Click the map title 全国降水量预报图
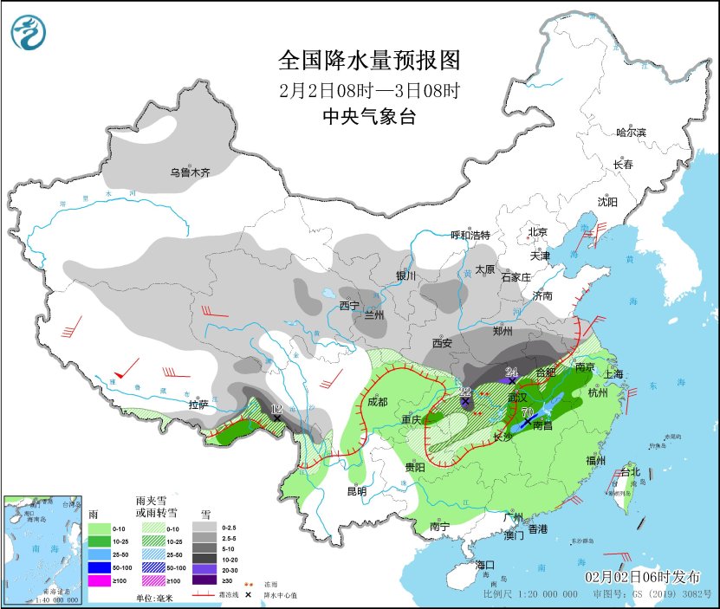pyautogui.click(x=368, y=61)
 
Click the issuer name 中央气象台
pyautogui.click(x=368, y=117)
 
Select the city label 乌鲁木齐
pyautogui.click(x=190, y=172)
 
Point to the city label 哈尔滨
pyautogui.click(x=631, y=132)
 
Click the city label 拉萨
pyautogui.click(x=199, y=404)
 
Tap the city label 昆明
pyautogui.click(x=357, y=491)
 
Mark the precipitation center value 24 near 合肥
pyautogui.click(x=511, y=373)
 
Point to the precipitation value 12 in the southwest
pyautogui.click(x=276, y=409)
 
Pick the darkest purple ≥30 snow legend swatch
pyautogui.click(x=205, y=580)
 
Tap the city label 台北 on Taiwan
pyautogui.click(x=629, y=472)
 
